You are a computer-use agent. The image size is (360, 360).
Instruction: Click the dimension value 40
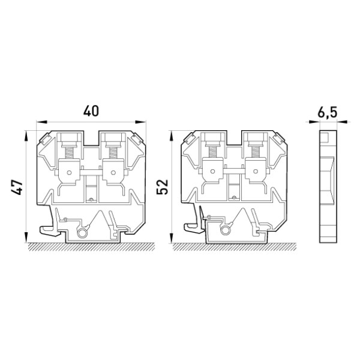point(91,111)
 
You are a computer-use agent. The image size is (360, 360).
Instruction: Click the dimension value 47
point(17,187)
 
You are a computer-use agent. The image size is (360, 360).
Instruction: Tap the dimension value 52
point(163,187)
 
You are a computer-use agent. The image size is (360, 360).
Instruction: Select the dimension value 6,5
point(328,112)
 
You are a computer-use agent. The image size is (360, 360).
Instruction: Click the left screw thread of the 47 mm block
point(69,152)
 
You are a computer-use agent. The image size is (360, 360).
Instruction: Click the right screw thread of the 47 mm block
point(113,152)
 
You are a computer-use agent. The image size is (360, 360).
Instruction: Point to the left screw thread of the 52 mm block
point(212,152)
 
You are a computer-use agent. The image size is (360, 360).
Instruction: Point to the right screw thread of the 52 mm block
point(256,152)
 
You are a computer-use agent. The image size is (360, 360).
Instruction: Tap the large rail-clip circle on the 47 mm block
point(82,233)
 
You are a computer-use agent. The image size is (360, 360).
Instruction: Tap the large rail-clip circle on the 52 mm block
point(225,230)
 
